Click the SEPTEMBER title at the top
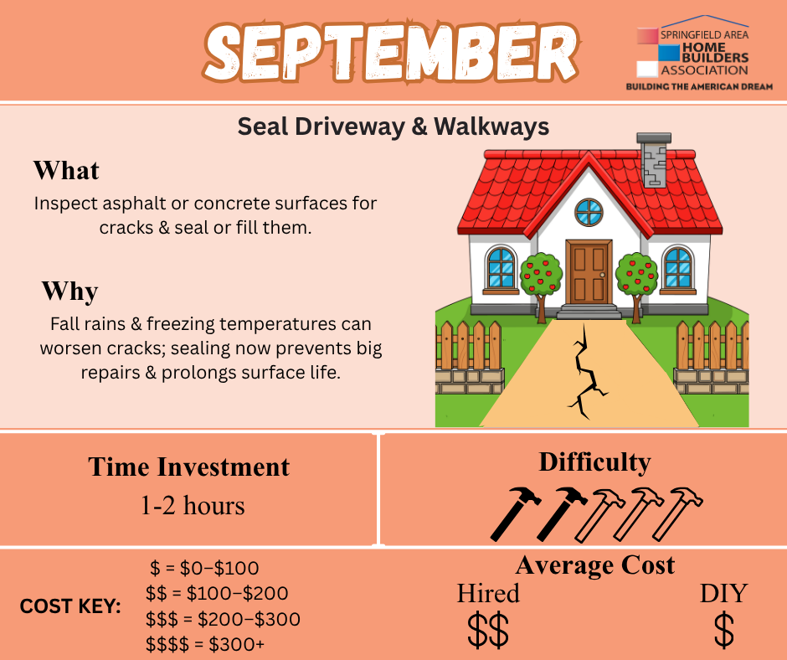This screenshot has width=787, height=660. [391, 52]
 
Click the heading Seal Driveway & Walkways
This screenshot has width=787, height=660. [393, 126]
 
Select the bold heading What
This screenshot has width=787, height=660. [66, 170]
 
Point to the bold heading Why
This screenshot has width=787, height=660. [69, 291]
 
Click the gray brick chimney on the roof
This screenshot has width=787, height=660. [654, 160]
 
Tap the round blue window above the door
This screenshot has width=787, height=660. [589, 212]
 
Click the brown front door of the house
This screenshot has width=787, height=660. [589, 271]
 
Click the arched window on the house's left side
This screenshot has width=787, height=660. [501, 268]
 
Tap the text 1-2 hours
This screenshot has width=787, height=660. [193, 505]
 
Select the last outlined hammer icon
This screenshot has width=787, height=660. [677, 513]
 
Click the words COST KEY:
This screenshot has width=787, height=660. [70, 606]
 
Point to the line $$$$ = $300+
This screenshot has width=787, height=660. [205, 644]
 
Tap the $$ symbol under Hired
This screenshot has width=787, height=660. [488, 630]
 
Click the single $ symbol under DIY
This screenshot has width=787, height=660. [723, 630]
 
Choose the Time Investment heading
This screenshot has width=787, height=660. [188, 467]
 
